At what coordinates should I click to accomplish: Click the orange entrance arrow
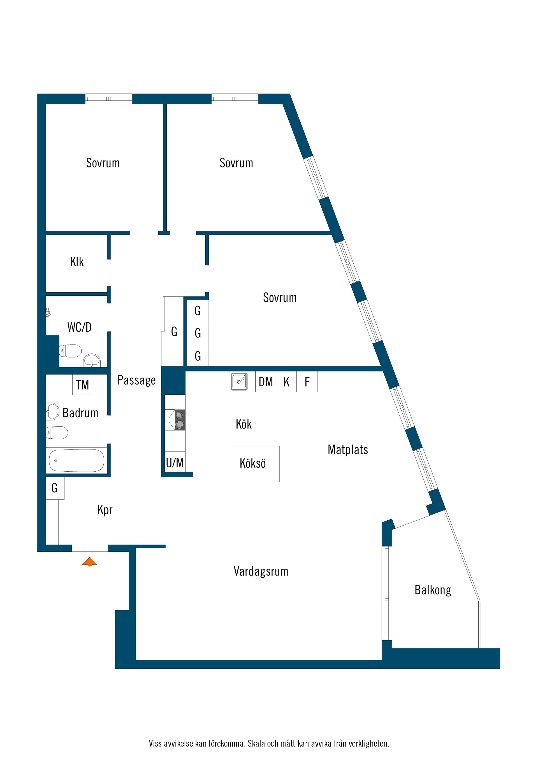click(x=89, y=562)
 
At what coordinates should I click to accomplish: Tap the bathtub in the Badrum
click(x=76, y=460)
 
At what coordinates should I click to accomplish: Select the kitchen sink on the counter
click(x=239, y=381)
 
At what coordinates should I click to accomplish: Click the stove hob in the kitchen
click(x=179, y=420)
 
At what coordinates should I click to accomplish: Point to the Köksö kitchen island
click(x=253, y=464)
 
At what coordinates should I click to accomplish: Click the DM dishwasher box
click(x=266, y=382)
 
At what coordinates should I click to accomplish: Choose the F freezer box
click(x=307, y=382)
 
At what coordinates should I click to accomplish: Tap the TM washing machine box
click(x=83, y=385)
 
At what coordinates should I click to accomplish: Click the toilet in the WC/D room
click(x=70, y=351)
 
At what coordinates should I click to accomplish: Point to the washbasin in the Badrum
click(x=52, y=412)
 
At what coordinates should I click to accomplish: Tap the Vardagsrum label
click(x=261, y=571)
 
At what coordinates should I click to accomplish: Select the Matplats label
click(x=348, y=450)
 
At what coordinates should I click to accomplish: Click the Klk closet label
click(x=77, y=262)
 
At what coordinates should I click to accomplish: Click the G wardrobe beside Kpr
click(x=55, y=488)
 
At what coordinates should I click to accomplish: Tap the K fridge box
click(x=286, y=382)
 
